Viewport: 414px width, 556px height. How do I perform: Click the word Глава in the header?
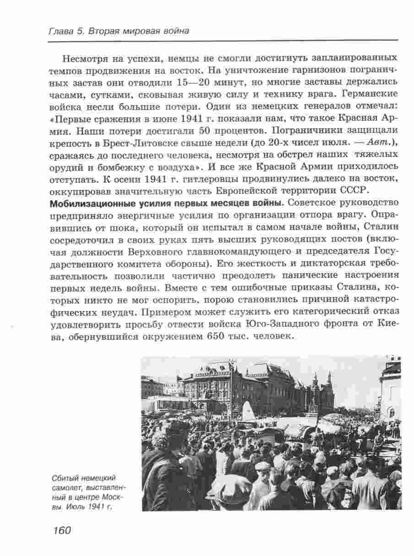coord(59,32)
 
